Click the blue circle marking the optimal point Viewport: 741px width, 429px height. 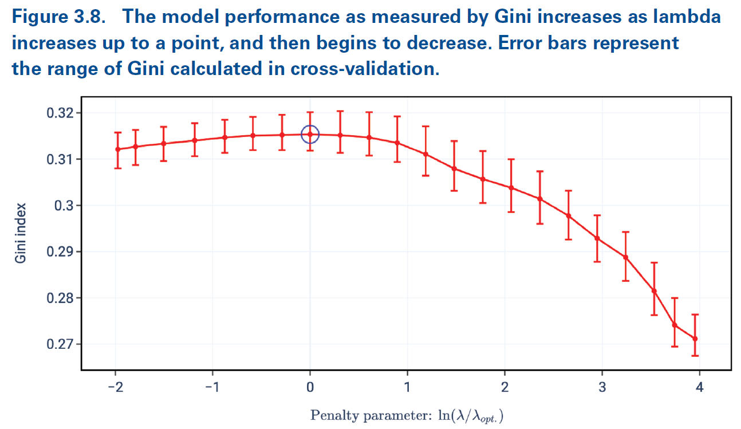point(310,134)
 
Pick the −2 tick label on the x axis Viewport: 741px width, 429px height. point(116,388)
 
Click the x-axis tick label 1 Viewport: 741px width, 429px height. point(407,388)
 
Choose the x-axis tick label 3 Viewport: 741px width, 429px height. point(602,388)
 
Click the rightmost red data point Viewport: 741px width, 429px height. point(695,339)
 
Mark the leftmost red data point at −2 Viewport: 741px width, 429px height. point(117,149)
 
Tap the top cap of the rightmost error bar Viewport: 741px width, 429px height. point(695,314)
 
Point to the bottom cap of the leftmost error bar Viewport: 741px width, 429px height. point(117,168)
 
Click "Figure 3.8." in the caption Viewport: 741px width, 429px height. point(59,17)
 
